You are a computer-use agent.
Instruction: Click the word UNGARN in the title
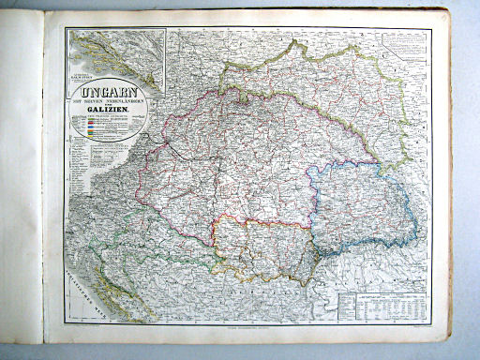click(x=109, y=94)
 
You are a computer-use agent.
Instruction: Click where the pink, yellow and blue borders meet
click(x=310, y=224)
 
